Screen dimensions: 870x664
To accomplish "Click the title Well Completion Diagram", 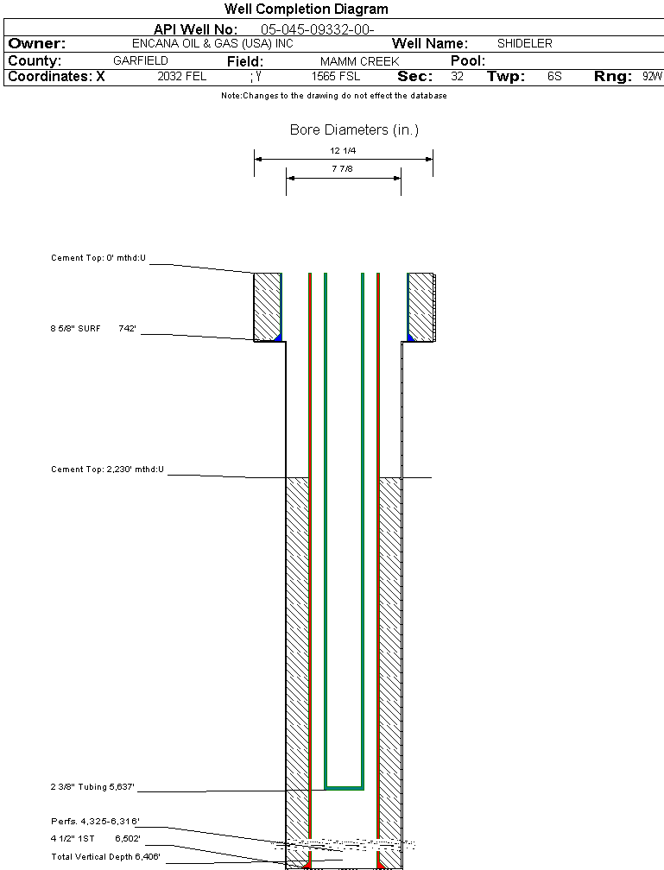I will (x=306, y=9).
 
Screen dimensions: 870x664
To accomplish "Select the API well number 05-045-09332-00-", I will (x=317, y=29).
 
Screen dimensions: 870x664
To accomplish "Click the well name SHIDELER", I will (x=525, y=43).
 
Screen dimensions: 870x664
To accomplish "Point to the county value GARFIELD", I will (x=141, y=61).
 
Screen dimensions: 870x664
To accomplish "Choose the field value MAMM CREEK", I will (x=359, y=62).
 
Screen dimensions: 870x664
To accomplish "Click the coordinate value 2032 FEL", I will (x=181, y=77).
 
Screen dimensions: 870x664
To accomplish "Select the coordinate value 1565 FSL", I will (x=337, y=77).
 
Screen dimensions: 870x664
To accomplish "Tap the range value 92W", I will (x=652, y=77).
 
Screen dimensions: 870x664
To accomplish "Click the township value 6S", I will (x=554, y=77).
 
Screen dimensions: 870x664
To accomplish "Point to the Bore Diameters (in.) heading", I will (x=354, y=130).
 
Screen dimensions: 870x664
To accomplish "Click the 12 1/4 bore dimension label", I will (x=344, y=150).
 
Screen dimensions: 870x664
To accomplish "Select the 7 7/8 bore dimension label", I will (x=344, y=169).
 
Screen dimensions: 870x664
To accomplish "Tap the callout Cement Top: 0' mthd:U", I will (x=99, y=258).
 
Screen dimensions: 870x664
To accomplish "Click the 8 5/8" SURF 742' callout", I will (x=93, y=329).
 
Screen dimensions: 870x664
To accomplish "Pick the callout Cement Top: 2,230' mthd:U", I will (x=108, y=470).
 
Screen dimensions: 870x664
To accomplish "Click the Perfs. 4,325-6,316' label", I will (x=95, y=821).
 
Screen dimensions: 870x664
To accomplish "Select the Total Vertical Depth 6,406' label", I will (x=105, y=856).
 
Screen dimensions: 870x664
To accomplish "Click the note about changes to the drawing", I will (x=333, y=96).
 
